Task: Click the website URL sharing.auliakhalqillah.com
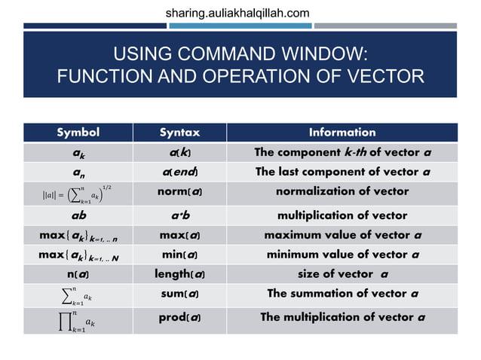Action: click(237, 13)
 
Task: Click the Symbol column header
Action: click(78, 133)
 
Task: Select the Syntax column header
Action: click(179, 133)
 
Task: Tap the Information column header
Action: click(342, 133)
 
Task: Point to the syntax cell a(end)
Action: click(179, 172)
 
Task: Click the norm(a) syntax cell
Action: click(179, 192)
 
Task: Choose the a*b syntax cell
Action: click(179, 215)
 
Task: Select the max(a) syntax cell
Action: click(179, 235)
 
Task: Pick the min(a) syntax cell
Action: click(179, 255)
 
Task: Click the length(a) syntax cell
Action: click(179, 274)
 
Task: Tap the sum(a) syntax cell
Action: click(179, 294)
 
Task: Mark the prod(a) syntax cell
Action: click(179, 317)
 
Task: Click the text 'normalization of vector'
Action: click(342, 192)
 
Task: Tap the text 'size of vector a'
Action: click(343, 274)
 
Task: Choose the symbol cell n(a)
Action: click(78, 274)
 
